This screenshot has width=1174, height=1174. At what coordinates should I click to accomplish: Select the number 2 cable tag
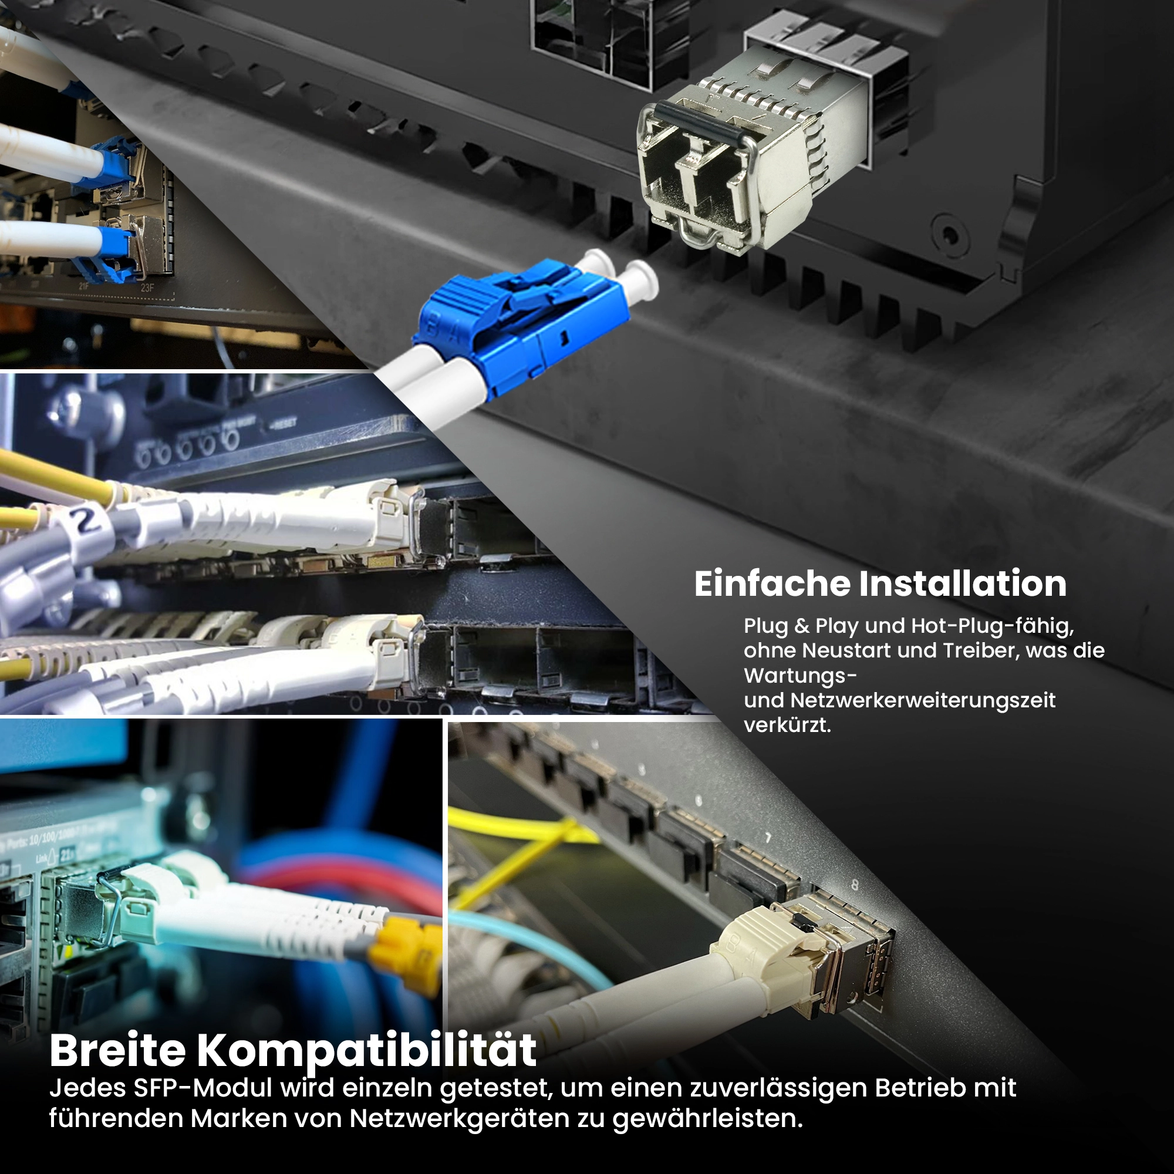click(x=87, y=521)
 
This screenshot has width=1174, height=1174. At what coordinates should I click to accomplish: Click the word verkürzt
click(x=788, y=725)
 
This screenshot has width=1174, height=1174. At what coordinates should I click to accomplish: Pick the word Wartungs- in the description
click(x=800, y=676)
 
